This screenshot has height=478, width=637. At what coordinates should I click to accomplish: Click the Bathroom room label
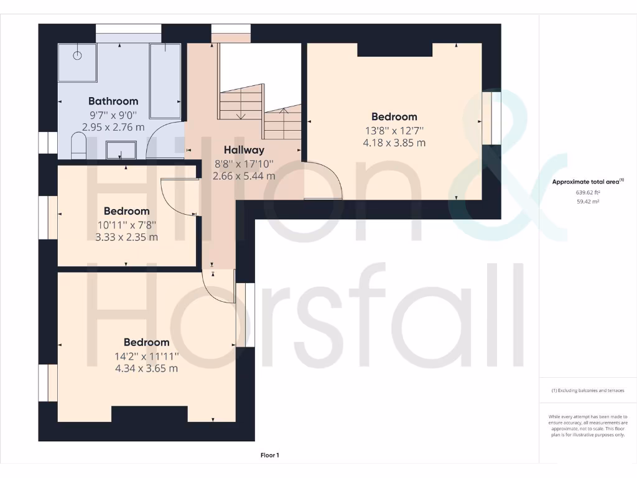tap(113, 101)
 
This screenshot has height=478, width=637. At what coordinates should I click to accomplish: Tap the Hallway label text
tap(244, 150)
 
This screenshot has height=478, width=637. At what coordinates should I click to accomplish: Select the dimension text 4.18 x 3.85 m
tap(394, 143)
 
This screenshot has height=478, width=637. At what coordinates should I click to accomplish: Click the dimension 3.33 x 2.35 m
tap(126, 237)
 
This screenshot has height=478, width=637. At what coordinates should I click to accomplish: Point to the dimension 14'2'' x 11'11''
tap(146, 356)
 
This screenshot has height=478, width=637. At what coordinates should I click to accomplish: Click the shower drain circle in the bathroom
tap(78, 55)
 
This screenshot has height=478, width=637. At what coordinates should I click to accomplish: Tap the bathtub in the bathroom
tap(165, 81)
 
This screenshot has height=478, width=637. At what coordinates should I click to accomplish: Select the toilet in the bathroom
tap(78, 148)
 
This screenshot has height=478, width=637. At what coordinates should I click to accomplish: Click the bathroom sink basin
tap(121, 149)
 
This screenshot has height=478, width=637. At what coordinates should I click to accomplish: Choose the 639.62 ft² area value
tap(587, 193)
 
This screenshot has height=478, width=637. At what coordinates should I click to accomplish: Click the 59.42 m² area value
tap(587, 202)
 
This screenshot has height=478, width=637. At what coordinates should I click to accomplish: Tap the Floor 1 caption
tap(269, 456)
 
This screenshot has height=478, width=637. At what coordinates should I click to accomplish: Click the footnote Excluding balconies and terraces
tap(587, 391)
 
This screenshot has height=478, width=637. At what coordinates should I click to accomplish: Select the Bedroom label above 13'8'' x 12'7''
tap(394, 116)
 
